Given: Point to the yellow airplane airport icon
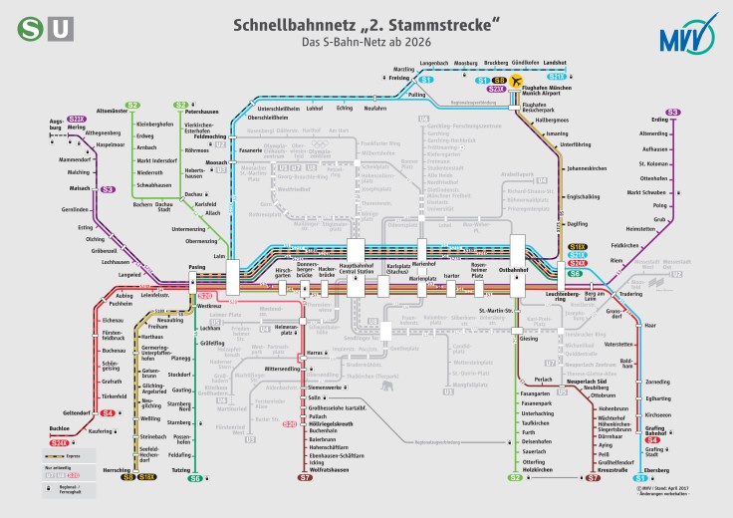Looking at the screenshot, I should point(516,81).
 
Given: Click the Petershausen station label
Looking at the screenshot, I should point(202,112).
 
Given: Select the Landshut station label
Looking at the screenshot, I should point(555,62).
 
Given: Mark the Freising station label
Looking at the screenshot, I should point(399,76).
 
